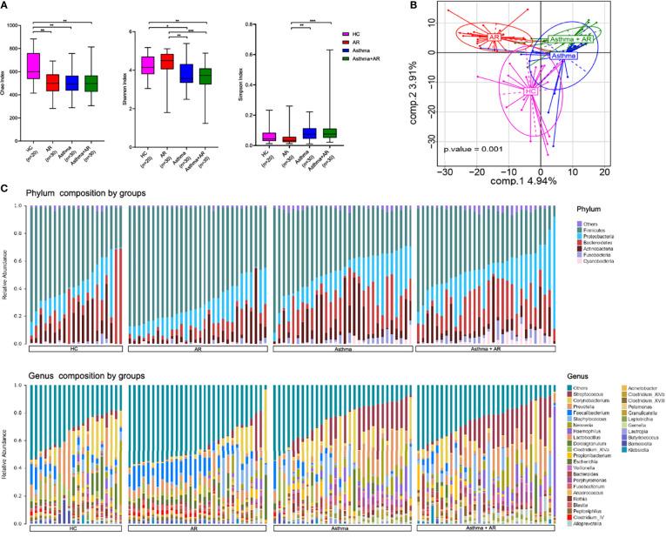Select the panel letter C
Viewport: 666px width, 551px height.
[x=5, y=186]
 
